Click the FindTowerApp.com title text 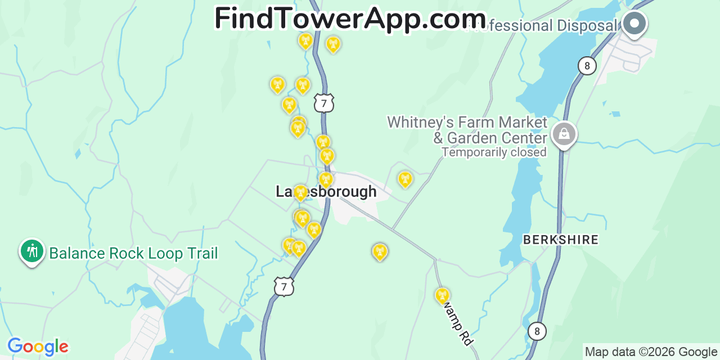coord(350,19)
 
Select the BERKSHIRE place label coord(561,240)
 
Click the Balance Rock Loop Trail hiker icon coord(32,251)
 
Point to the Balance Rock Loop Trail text coord(133,253)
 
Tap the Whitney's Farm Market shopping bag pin coord(564,134)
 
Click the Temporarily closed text coord(494,152)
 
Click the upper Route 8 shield coord(587,66)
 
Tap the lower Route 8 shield coord(537,331)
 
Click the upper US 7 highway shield coord(324,103)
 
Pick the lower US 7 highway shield coord(284,286)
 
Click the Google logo coord(38,346)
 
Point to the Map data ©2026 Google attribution coord(651,352)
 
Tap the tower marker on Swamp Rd coord(443,295)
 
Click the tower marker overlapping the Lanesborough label coord(301,193)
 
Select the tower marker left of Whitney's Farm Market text coord(405,179)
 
